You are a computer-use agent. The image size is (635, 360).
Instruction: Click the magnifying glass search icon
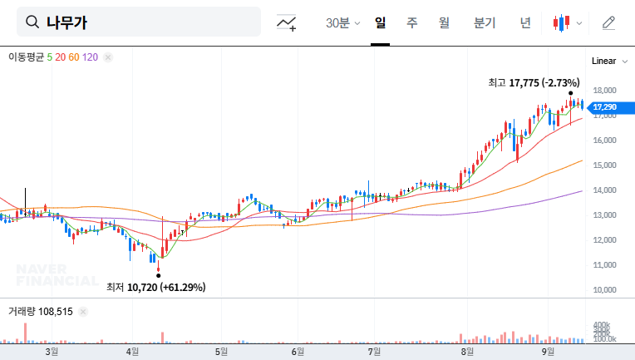point(32,22)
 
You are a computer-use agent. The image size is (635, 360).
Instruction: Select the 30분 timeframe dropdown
point(342,23)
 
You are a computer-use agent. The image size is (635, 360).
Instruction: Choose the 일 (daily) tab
point(380,23)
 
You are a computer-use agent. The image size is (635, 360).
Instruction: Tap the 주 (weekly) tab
point(411,23)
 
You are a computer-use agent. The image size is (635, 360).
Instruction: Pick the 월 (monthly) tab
point(443,23)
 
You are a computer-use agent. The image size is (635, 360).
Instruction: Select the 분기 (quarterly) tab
point(484,23)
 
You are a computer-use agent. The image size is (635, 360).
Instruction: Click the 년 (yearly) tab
point(524,23)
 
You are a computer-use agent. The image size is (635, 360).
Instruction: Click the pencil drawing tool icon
point(608,23)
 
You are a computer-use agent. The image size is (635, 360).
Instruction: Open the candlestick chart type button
point(567,23)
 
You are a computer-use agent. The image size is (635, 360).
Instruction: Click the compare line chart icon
point(287,23)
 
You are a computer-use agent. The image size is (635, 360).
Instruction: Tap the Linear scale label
point(603,61)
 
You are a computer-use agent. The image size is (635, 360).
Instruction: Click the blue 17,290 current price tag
point(604,106)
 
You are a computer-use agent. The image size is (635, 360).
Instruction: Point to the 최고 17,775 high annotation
point(533,82)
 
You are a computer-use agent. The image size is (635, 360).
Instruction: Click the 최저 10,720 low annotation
point(155,287)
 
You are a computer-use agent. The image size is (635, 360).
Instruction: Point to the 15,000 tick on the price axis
point(603,165)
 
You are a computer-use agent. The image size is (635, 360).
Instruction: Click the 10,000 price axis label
point(603,290)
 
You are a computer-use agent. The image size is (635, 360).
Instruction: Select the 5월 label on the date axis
point(221,351)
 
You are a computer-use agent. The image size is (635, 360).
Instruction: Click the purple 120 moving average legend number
point(91,57)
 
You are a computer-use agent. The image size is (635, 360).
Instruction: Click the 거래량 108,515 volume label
point(41,311)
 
